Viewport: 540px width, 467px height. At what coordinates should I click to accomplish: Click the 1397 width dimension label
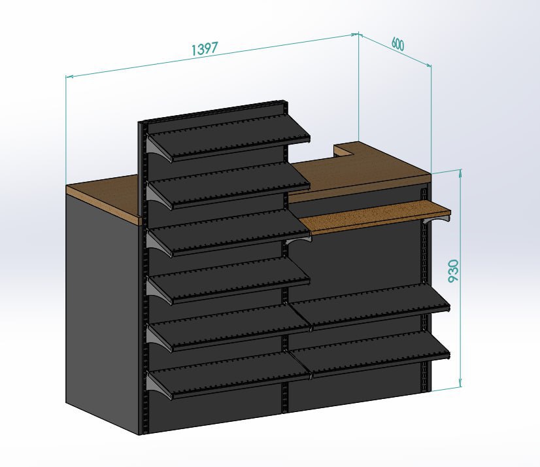click(x=205, y=48)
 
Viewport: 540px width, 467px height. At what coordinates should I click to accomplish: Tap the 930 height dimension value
click(x=454, y=271)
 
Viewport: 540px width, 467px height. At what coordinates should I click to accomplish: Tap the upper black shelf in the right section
click(x=371, y=306)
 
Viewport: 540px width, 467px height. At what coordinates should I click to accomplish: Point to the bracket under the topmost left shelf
click(x=159, y=148)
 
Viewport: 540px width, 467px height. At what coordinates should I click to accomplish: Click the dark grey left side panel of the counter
click(x=103, y=310)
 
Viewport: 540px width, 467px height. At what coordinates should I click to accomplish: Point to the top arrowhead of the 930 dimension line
click(x=460, y=173)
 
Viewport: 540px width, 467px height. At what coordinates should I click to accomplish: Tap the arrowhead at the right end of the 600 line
click(x=428, y=65)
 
